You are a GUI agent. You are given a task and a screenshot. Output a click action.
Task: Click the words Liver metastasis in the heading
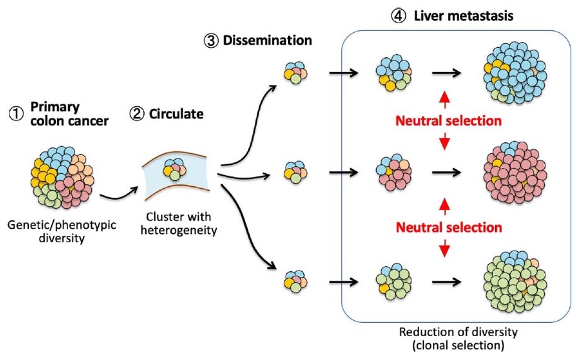point(463,16)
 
